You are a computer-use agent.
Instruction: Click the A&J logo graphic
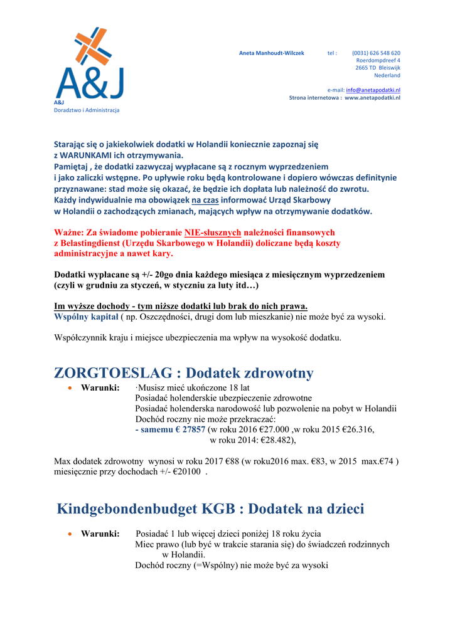click(x=89, y=64)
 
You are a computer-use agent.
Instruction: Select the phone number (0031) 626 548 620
click(x=376, y=53)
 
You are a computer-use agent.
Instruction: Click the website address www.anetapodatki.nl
click(x=372, y=98)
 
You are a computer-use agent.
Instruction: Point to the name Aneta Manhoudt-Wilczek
click(x=271, y=53)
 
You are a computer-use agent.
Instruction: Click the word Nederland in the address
click(x=387, y=75)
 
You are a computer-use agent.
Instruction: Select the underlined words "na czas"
click(x=206, y=200)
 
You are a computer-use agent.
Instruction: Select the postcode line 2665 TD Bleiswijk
click(x=378, y=68)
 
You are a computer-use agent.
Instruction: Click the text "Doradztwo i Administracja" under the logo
click(x=87, y=110)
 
